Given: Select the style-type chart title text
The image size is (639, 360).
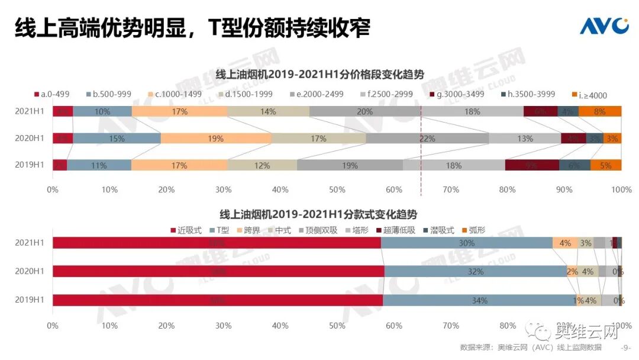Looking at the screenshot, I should click(322, 214).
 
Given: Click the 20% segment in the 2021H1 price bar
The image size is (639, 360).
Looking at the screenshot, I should click(364, 111).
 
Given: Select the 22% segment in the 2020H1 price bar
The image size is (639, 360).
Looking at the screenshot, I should click(427, 139).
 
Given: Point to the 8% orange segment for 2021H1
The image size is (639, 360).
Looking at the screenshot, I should click(599, 111).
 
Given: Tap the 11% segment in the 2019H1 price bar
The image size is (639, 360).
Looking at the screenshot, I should click(99, 166).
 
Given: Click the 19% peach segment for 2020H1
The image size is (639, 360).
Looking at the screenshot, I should click(216, 139).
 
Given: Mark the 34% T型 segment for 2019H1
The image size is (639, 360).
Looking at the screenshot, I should click(479, 300).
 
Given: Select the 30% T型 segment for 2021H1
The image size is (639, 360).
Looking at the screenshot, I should click(466, 243).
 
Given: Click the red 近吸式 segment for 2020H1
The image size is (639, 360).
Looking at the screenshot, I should click(218, 271).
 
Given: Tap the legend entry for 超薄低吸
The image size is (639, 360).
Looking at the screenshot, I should click(399, 230).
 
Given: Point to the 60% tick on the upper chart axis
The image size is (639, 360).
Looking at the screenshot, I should click(393, 189).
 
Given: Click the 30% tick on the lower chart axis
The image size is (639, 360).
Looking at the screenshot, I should click(223, 325).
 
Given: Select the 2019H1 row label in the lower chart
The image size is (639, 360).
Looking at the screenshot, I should click(30, 300).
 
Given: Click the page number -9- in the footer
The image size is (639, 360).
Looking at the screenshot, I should click(625, 348).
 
